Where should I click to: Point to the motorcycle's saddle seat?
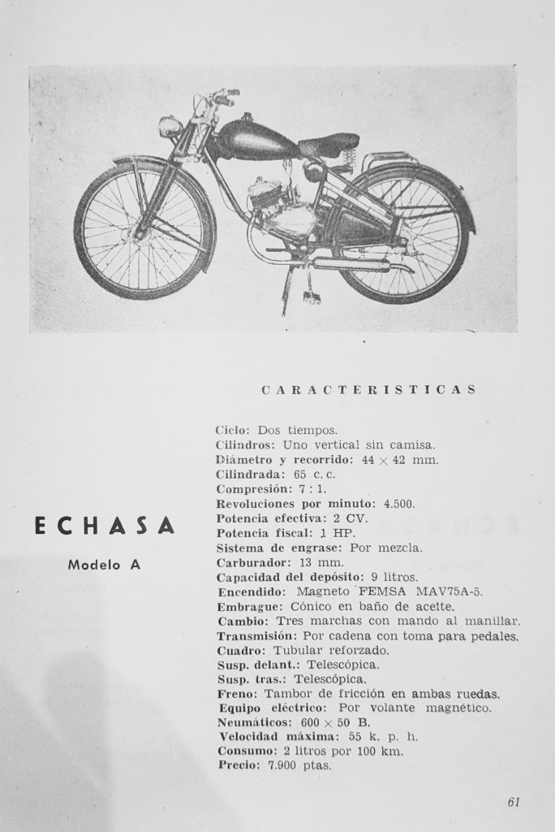[x=329, y=145]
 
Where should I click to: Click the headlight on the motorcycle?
[x=170, y=127]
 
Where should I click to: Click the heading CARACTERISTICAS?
[x=368, y=389]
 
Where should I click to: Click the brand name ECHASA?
[x=105, y=526]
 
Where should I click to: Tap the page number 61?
[x=513, y=802]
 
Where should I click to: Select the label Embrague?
[x=247, y=606]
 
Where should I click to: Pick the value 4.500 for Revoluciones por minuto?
[x=399, y=503]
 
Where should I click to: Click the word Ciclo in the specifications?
[x=233, y=429]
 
